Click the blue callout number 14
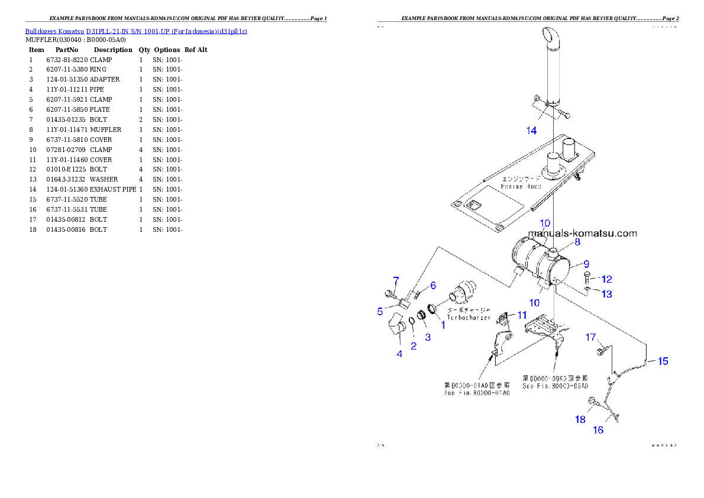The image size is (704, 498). pos(531,130)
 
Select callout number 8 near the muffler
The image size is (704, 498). pos(577,242)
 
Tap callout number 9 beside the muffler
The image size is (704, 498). pos(586,264)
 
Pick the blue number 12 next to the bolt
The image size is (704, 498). pos(606,279)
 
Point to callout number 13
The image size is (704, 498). pos(607,294)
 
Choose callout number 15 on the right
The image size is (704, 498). pos(663,361)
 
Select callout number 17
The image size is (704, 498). pos(590,338)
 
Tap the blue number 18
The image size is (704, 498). pos(580,419)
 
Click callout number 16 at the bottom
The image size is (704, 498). pos(598,430)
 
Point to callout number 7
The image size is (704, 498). pos(396,280)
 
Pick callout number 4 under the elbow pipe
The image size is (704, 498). pos(399,354)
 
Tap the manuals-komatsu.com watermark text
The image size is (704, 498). pos(582,233)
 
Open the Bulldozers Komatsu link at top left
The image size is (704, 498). pos(136,31)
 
